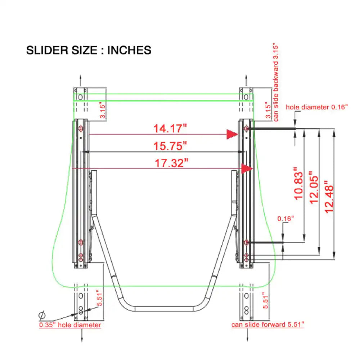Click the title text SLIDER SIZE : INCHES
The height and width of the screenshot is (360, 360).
pyautogui.click(x=89, y=50)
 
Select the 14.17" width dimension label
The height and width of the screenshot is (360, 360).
pyautogui.click(x=170, y=129)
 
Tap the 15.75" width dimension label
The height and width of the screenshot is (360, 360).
pyautogui.click(x=170, y=146)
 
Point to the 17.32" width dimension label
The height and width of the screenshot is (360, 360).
pyautogui.click(x=171, y=163)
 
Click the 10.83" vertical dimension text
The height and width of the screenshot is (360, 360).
pyautogui.click(x=298, y=184)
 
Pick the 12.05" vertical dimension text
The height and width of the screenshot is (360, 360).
pyautogui.click(x=314, y=187)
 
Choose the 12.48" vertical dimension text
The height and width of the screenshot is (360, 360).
pyautogui.click(x=329, y=197)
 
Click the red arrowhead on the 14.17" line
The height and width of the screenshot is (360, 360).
pyautogui.click(x=232, y=134)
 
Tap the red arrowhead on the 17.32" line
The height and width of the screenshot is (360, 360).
pyautogui.click(x=247, y=169)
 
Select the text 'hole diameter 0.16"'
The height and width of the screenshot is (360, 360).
pyautogui.click(x=316, y=107)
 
